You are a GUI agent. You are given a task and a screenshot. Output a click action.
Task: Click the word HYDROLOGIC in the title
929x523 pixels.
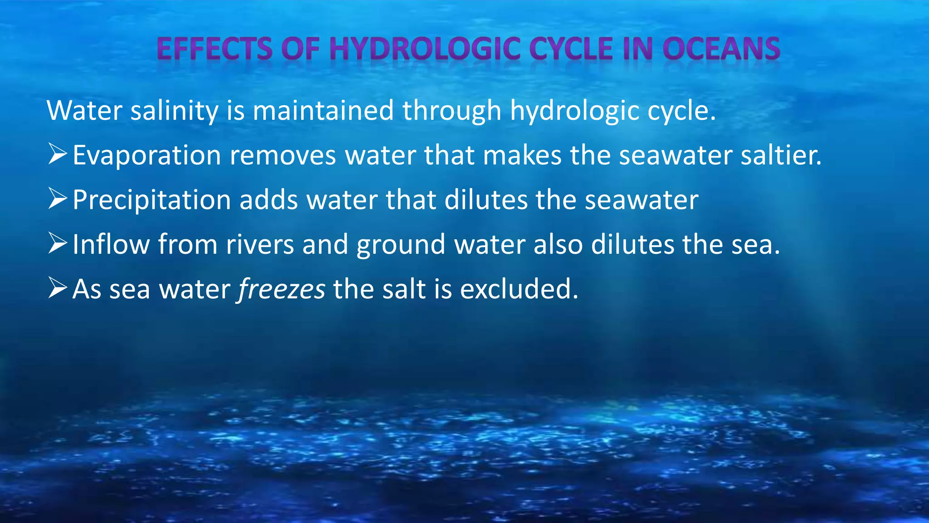tap(425, 49)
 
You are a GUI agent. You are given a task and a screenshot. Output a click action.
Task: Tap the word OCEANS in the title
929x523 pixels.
tap(721, 49)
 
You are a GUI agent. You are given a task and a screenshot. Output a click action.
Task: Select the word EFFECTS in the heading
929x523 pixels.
tap(215, 49)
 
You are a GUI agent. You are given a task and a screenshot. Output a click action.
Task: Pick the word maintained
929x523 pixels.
tap(323, 111)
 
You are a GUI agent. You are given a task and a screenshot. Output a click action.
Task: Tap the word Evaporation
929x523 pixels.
tap(147, 156)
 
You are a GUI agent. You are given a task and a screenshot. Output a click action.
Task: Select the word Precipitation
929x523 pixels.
tap(152, 200)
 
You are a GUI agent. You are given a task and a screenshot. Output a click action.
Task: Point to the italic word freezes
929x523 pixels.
tap(282, 289)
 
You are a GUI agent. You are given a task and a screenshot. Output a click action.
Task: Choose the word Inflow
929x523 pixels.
tap(111, 245)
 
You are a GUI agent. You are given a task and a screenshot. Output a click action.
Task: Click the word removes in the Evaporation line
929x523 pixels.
tap(283, 156)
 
